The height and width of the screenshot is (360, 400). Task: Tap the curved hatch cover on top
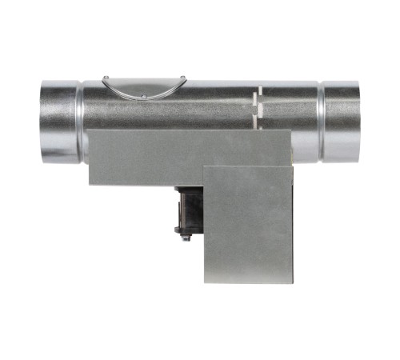tap(144, 87)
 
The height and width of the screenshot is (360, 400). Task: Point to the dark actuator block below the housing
tap(188, 210)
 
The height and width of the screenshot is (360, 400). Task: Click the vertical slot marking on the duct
tap(255, 108)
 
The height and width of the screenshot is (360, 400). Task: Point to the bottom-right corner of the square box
tap(294, 281)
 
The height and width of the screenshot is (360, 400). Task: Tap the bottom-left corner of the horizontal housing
tap(89, 185)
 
